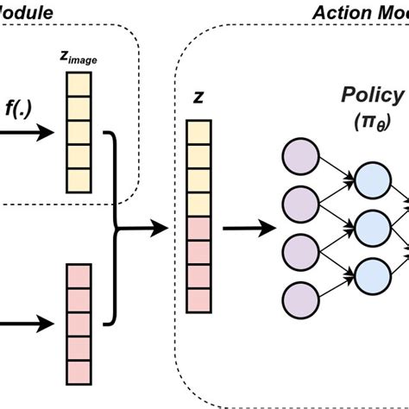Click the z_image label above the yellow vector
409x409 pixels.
[x=79, y=56]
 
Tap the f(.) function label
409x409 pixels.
[x=20, y=109]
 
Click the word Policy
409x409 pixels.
[x=373, y=95]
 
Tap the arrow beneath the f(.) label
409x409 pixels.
[x=26, y=134]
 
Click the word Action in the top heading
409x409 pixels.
[x=340, y=13]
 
